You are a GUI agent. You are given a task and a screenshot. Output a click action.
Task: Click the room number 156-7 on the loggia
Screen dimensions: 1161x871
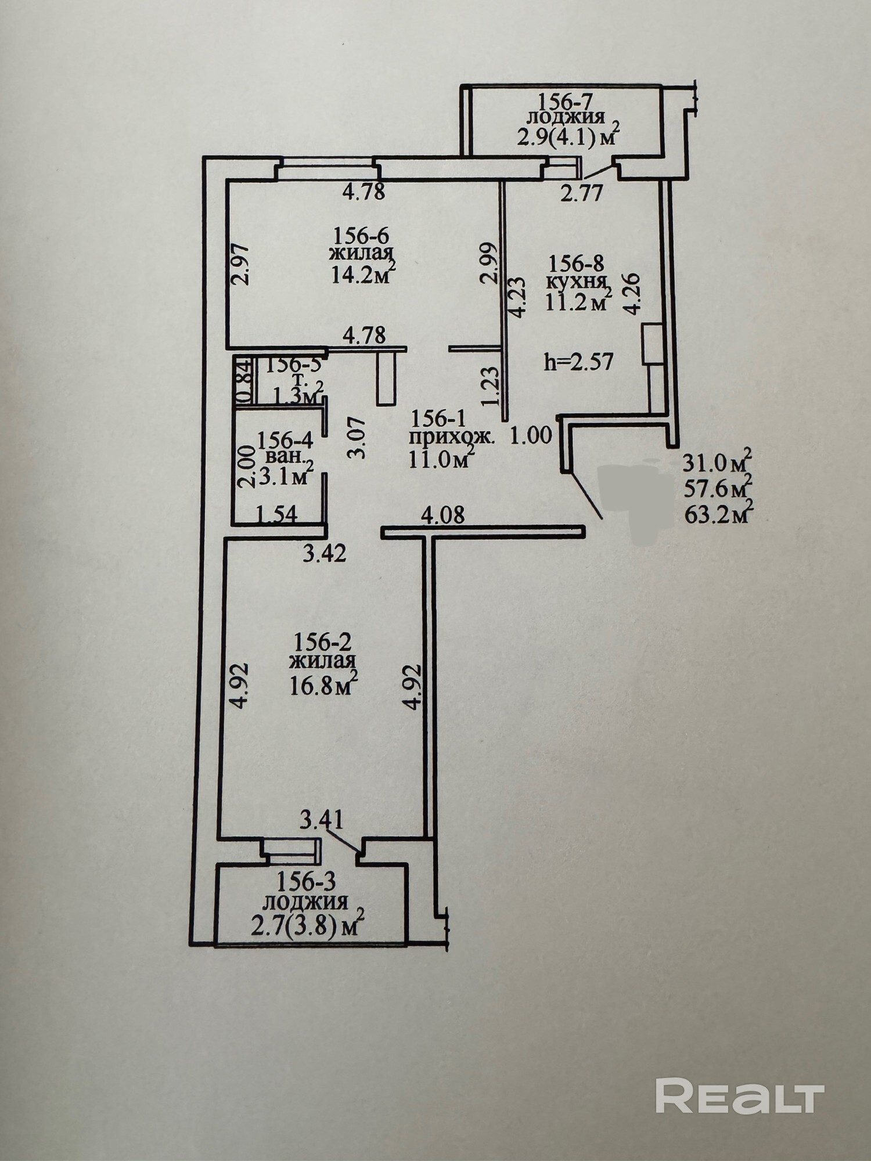click(x=564, y=102)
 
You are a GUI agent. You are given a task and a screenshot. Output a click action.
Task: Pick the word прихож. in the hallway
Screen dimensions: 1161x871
click(x=452, y=438)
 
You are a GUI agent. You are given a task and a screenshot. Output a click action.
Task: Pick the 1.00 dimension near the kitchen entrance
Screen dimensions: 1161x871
click(x=531, y=435)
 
